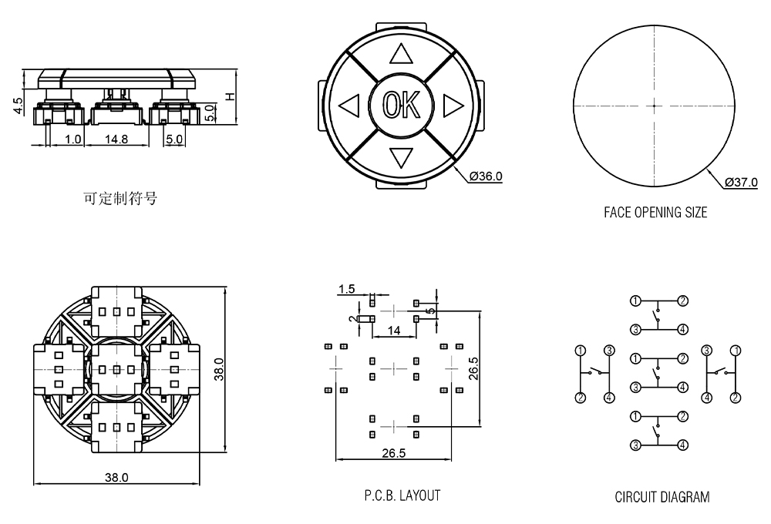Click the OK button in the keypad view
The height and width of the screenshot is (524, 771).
pyautogui.click(x=400, y=105)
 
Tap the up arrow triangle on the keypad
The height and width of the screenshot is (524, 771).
pyautogui.click(x=400, y=54)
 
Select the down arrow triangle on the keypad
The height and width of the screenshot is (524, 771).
pyautogui.click(x=400, y=157)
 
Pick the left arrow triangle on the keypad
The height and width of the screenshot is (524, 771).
pyautogui.click(x=349, y=105)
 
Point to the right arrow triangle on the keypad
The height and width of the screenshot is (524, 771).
pyautogui.click(x=452, y=105)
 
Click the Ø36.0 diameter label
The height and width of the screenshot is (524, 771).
pyautogui.click(x=486, y=176)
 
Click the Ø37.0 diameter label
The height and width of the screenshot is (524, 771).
pyautogui.click(x=741, y=183)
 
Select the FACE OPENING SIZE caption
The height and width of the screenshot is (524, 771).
pyautogui.click(x=655, y=212)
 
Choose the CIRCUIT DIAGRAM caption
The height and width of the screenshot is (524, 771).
pyautogui.click(x=662, y=497)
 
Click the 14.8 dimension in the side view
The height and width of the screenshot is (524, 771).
pyautogui.click(x=116, y=139)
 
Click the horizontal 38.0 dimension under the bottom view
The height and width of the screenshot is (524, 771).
pyautogui.click(x=116, y=478)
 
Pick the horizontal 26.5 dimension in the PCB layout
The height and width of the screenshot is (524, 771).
pyautogui.click(x=393, y=453)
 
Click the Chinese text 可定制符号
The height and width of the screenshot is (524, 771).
pyautogui.click(x=120, y=198)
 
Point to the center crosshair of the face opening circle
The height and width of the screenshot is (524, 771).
pyautogui.click(x=654, y=105)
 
